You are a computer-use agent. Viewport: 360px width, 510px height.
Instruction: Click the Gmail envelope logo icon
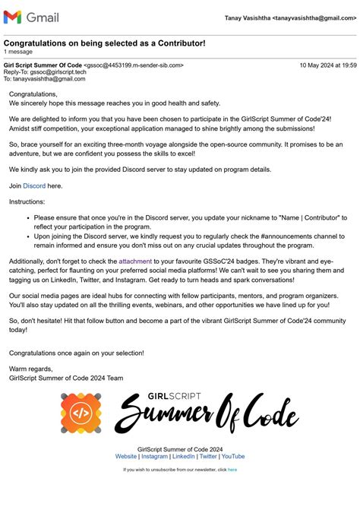coord(12,17)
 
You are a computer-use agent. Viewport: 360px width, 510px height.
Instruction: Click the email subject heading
coord(104,43)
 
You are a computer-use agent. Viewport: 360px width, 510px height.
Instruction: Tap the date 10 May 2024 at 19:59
coord(327,65)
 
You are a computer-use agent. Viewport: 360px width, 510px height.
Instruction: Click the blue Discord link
coord(34,185)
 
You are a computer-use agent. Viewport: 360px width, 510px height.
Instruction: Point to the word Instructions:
coord(27,201)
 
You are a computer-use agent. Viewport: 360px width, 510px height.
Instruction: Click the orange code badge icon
coord(81,413)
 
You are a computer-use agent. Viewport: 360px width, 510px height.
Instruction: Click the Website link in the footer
coord(126,456)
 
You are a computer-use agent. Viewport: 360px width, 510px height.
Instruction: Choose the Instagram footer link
coord(154,456)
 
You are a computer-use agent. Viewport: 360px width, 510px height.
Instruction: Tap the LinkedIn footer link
coord(184,456)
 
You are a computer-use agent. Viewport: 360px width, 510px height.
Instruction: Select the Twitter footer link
coord(208,456)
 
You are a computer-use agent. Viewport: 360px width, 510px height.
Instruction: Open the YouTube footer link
coord(233,456)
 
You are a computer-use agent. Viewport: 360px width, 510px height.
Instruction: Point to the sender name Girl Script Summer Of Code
coord(43,65)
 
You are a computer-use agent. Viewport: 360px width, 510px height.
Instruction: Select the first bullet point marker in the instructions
coord(27,217)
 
